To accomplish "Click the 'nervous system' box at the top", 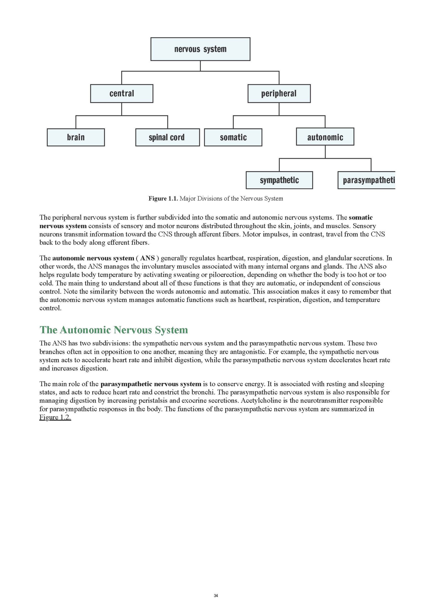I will pyautogui.click(x=200, y=49).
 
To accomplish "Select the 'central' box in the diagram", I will pyautogui.click(x=122, y=94).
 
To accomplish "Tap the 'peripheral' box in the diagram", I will pyautogui.click(x=279, y=94).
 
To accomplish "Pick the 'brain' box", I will pyautogui.click(x=76, y=137).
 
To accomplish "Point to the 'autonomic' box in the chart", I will pyautogui.click(x=325, y=137).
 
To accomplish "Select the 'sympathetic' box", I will pyautogui.click(x=279, y=180).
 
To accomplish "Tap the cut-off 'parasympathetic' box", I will pyautogui.click(x=366, y=180).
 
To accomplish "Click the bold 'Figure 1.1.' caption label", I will pyautogui.click(x=163, y=199).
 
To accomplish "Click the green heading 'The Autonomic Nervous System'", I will pyautogui.click(x=114, y=330).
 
